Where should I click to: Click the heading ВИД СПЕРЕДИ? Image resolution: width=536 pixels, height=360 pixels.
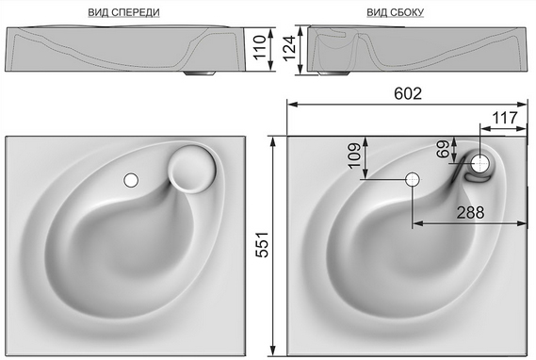[123, 12]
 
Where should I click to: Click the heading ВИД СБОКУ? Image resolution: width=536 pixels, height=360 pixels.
[395, 12]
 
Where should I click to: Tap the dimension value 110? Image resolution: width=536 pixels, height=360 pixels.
[260, 47]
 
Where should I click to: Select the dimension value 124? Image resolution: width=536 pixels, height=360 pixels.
[289, 48]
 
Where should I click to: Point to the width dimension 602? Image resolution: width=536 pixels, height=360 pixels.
[408, 93]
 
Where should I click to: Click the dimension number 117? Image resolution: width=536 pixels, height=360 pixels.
[505, 118]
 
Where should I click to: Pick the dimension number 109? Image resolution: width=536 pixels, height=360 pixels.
[354, 155]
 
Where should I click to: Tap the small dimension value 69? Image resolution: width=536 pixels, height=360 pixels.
[443, 149]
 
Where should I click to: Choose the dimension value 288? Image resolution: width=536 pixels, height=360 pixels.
[470, 213]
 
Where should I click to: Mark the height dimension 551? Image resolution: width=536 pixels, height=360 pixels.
[263, 244]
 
